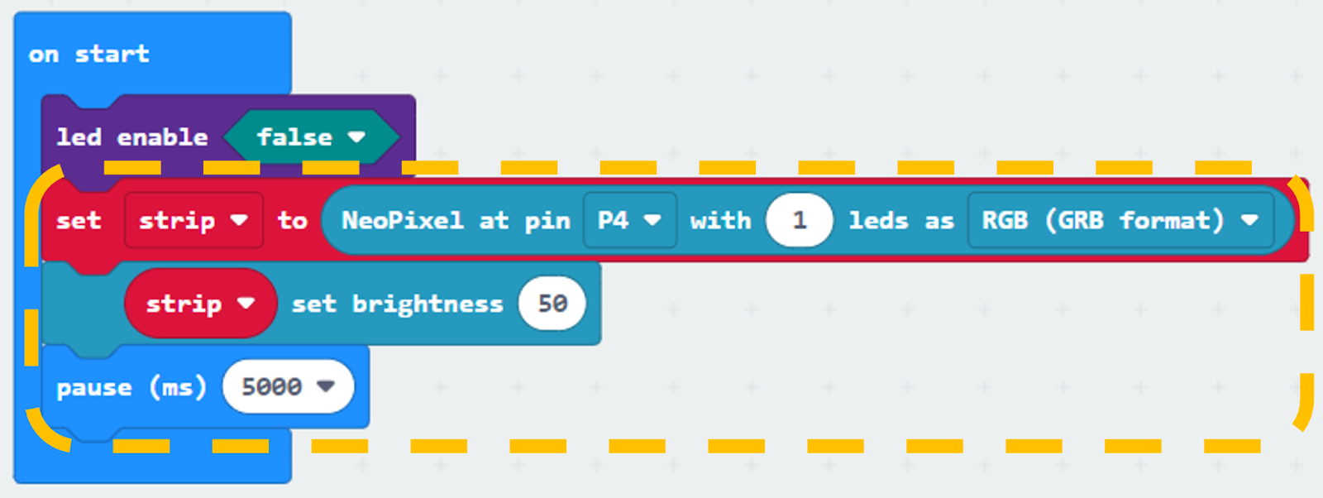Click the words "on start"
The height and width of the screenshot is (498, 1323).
[x=88, y=55]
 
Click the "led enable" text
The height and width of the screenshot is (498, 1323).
[x=132, y=137]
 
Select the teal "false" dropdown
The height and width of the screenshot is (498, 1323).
[x=311, y=137]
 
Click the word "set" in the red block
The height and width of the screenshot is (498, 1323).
[x=79, y=221]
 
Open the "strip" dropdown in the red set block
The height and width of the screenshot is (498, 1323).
[x=193, y=220]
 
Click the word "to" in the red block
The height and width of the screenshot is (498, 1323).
[x=293, y=221]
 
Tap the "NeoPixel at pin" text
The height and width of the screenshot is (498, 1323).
[x=456, y=221]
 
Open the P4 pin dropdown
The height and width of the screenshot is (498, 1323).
[x=629, y=220]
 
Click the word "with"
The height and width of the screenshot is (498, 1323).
[x=720, y=221]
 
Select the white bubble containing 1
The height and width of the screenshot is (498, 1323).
[x=799, y=220]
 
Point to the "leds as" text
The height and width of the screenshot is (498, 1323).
[x=901, y=221]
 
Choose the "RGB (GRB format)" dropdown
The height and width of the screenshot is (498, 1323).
[x=1121, y=220]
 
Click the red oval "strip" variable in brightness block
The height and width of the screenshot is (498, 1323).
[x=200, y=304]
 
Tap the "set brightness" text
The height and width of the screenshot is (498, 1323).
[x=398, y=304]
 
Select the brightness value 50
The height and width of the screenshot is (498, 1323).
[x=552, y=304]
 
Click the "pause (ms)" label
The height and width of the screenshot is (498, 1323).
[x=131, y=387]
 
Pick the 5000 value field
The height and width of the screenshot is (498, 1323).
[x=289, y=386]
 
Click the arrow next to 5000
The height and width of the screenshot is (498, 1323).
[x=326, y=386]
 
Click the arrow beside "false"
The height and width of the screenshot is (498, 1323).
[x=356, y=137]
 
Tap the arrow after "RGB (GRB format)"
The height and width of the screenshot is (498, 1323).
[x=1249, y=220]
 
